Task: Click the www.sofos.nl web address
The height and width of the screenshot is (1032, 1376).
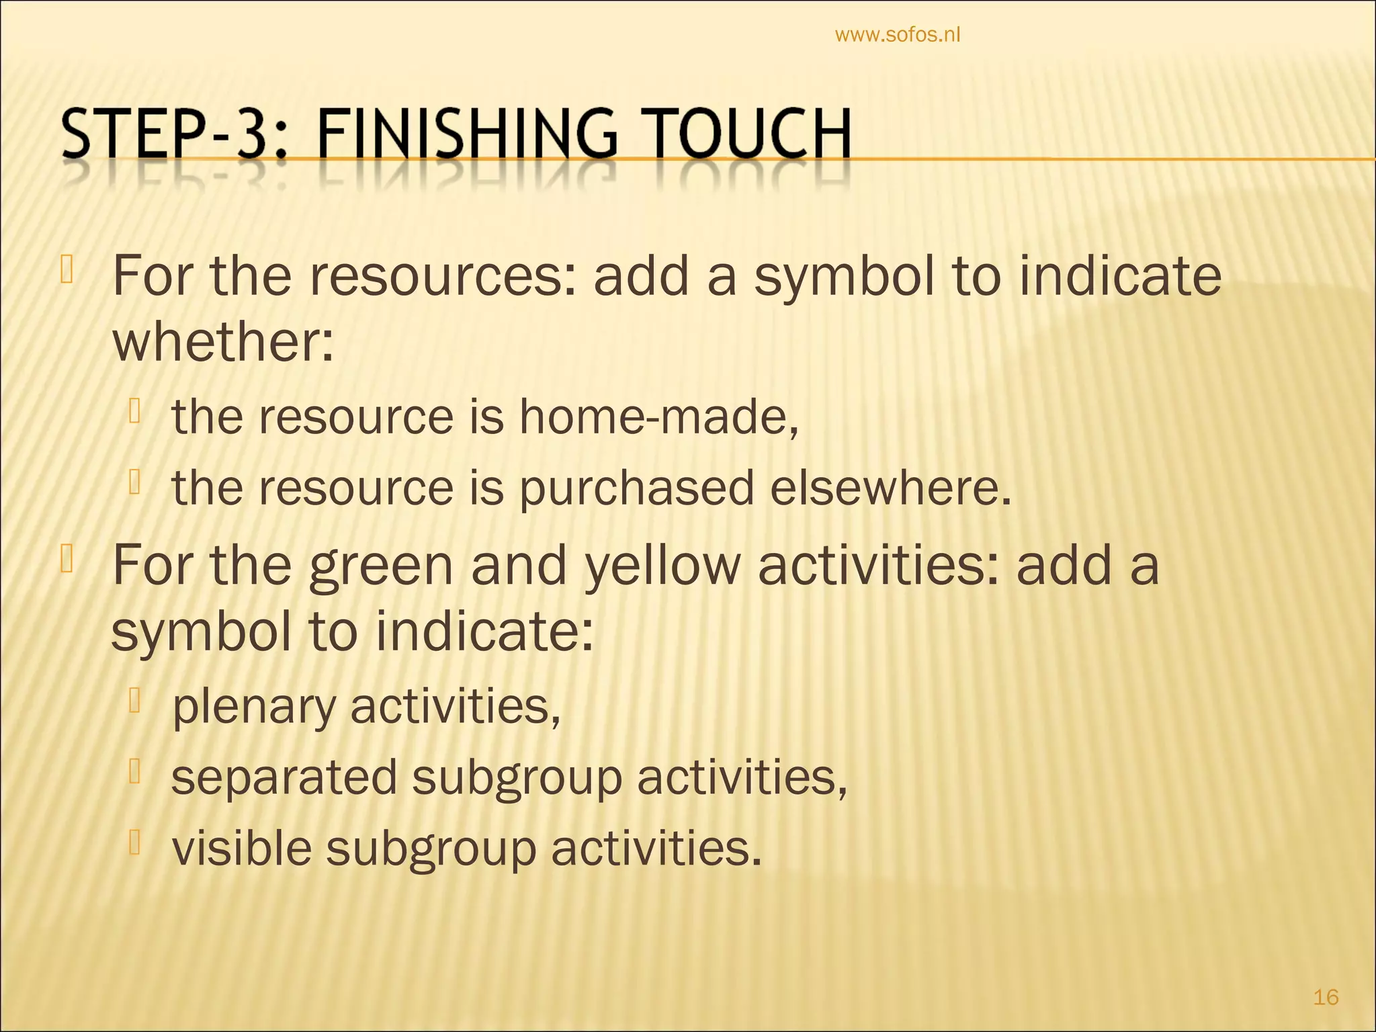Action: (897, 35)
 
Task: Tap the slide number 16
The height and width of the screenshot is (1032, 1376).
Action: (1326, 997)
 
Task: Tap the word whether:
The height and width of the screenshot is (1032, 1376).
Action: (222, 342)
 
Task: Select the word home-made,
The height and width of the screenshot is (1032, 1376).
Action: (659, 417)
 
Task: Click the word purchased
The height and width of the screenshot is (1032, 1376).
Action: (636, 488)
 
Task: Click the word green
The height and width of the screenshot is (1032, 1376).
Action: (381, 566)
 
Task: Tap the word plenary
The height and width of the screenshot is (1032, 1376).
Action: (253, 707)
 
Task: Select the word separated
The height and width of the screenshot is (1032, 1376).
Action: (284, 777)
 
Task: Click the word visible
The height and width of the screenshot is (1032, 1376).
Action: (242, 848)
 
